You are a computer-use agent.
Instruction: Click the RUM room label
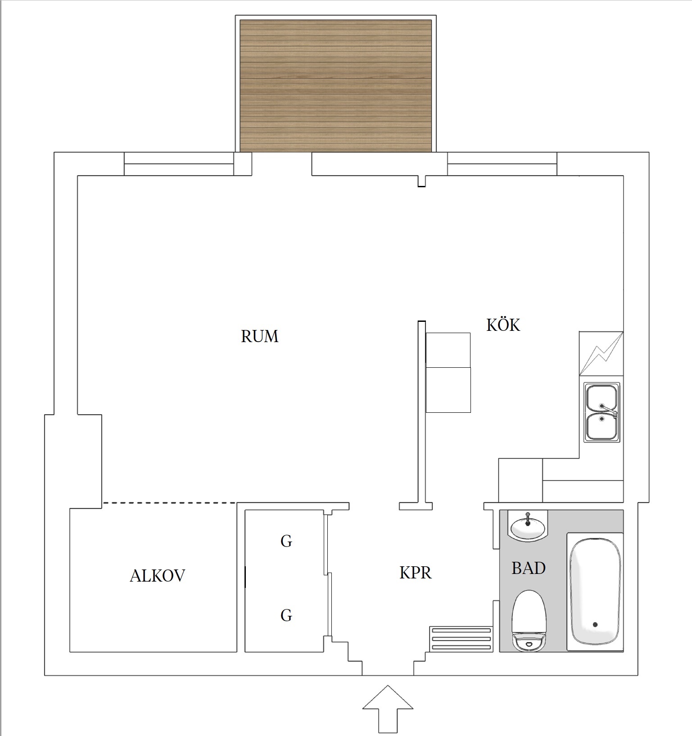click(x=260, y=336)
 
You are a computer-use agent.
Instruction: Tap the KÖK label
click(x=503, y=325)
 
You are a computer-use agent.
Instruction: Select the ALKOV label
click(x=157, y=576)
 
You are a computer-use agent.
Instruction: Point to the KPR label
click(x=415, y=573)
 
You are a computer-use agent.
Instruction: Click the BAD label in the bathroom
click(x=529, y=568)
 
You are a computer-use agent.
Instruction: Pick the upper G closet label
click(x=286, y=541)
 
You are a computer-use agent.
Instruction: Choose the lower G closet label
click(x=286, y=615)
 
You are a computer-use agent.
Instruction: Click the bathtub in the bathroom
click(x=595, y=592)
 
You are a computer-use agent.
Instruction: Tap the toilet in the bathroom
click(x=529, y=621)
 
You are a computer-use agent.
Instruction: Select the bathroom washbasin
click(x=527, y=525)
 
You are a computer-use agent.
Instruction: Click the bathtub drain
click(x=595, y=624)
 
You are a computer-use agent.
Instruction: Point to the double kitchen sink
click(x=602, y=412)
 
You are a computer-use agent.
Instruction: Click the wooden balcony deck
click(x=336, y=86)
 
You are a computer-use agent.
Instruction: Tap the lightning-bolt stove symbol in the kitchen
click(x=602, y=353)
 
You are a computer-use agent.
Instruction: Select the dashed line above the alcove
click(x=169, y=502)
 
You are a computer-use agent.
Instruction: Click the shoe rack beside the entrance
click(x=461, y=639)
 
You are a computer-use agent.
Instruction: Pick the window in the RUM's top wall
click(x=179, y=164)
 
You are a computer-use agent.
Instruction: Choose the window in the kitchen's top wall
click(x=502, y=164)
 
